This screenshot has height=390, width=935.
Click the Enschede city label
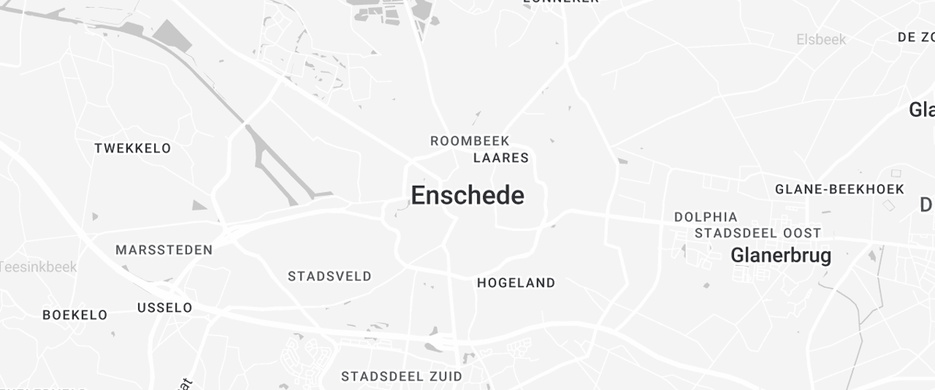(467, 195)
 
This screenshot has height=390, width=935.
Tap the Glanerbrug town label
(781, 255)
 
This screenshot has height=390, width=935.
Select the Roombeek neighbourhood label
(470, 141)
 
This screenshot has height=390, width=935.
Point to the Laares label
(501, 158)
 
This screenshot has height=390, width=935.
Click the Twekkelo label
(132, 148)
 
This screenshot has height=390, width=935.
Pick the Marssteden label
(164, 250)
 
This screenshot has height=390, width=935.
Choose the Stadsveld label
(330, 276)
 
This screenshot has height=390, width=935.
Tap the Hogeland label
(516, 283)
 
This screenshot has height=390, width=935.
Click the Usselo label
(164, 308)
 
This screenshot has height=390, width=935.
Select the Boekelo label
(75, 315)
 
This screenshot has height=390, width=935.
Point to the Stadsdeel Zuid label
(401, 376)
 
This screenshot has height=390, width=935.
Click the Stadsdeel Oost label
(757, 233)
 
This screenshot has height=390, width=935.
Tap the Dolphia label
(705, 217)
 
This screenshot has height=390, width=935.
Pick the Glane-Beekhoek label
(839, 190)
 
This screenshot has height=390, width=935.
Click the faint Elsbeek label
(821, 39)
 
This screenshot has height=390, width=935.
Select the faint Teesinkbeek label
(38, 267)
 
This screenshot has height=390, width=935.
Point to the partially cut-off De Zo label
(916, 37)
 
